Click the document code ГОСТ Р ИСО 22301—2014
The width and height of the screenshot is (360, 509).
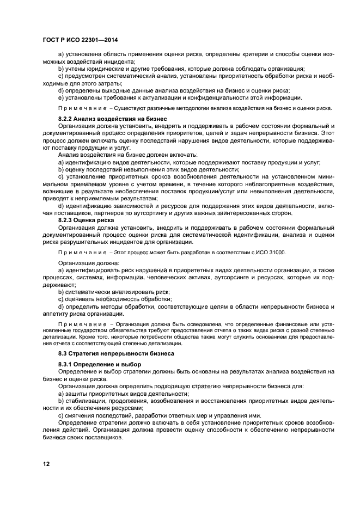(80, 41)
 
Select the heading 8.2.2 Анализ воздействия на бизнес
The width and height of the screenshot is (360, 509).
(112, 118)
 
